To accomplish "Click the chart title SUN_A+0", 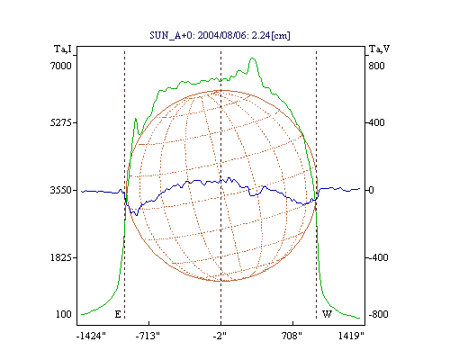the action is pyautogui.click(x=171, y=35).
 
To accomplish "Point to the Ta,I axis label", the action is pyautogui.click(x=63, y=49).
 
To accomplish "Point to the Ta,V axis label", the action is pyautogui.click(x=380, y=49).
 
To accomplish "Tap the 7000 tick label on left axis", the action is pyautogui.click(x=61, y=66).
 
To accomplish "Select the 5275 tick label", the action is pyautogui.click(x=61, y=122).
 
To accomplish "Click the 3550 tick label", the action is pyautogui.click(x=61, y=190).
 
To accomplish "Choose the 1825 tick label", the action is pyautogui.click(x=61, y=257).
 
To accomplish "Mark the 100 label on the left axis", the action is pyautogui.click(x=64, y=314).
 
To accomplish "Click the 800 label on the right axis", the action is pyautogui.click(x=376, y=66).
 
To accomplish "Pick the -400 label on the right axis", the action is pyautogui.click(x=378, y=257).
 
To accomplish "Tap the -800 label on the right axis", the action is pyautogui.click(x=378, y=314).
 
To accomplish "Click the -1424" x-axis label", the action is pyautogui.click(x=91, y=336).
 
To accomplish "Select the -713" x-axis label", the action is pyautogui.click(x=148, y=336).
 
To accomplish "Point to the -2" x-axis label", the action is pyautogui.click(x=220, y=336).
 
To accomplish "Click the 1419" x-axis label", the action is pyautogui.click(x=351, y=336).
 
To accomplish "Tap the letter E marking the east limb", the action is pyautogui.click(x=118, y=314).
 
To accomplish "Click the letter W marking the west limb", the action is pyautogui.click(x=327, y=314).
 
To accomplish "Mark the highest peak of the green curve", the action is pyautogui.click(x=252, y=58).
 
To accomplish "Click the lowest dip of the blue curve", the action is pyautogui.click(x=137, y=215).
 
